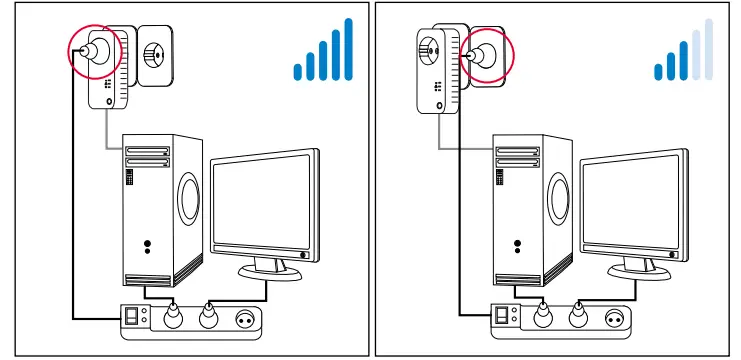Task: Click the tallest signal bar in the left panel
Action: click(x=348, y=49)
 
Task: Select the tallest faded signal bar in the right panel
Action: click(x=709, y=49)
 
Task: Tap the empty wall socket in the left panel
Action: click(x=154, y=52)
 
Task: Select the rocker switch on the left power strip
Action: click(x=130, y=320)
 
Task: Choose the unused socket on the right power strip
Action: click(x=610, y=320)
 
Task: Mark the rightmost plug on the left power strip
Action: click(x=209, y=318)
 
